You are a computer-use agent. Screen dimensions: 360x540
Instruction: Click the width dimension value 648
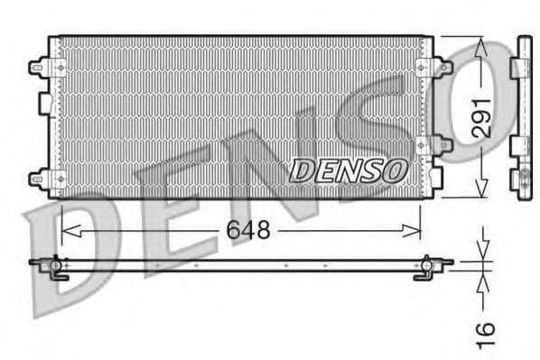[x=247, y=230]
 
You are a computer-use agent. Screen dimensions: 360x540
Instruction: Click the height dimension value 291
[x=482, y=116]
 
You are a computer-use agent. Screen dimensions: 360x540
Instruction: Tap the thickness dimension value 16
[x=486, y=333]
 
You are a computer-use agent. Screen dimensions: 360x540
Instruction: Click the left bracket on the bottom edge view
[x=57, y=268]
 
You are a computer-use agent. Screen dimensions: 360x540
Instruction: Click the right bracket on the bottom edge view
[x=424, y=268]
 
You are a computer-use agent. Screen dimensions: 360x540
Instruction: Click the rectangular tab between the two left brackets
[x=43, y=105]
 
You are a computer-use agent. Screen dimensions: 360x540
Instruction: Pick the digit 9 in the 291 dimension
[x=482, y=116]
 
